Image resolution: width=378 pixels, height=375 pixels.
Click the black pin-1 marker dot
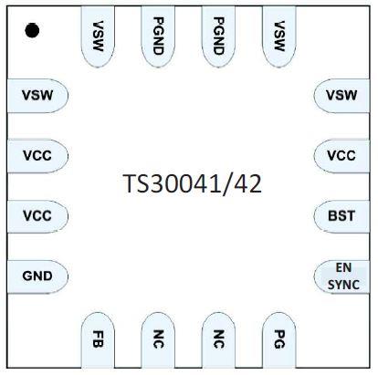click(32, 32)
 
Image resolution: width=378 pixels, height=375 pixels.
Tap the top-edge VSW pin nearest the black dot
click(97, 35)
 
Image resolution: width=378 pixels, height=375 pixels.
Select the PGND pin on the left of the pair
click(158, 35)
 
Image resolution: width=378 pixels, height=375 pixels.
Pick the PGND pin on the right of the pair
click(218, 35)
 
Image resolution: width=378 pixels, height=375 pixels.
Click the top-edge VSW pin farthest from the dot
click(278, 35)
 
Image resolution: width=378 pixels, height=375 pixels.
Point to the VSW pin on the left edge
click(37, 95)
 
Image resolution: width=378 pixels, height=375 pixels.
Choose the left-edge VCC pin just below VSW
click(37, 155)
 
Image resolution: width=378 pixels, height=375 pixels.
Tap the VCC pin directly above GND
click(37, 215)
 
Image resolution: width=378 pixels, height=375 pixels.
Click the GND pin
click(37, 276)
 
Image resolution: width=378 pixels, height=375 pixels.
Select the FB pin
click(97, 341)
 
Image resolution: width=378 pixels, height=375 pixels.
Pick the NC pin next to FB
click(158, 341)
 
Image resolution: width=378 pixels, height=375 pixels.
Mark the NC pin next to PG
click(218, 341)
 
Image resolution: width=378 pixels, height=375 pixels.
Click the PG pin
click(278, 341)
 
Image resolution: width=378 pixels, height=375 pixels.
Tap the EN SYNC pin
click(342, 276)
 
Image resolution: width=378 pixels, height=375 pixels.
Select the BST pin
click(341, 215)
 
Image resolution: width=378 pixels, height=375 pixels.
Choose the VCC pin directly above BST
click(341, 155)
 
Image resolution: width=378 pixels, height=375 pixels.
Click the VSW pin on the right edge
click(341, 95)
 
